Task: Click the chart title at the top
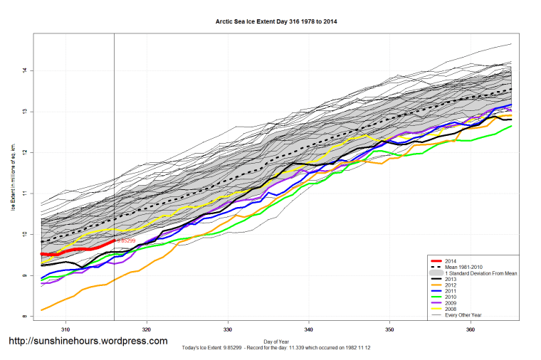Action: click(276, 21)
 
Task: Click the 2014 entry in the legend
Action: click(450, 262)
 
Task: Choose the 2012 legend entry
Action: click(450, 286)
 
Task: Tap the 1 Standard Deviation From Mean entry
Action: click(477, 274)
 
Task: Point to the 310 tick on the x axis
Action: click(65, 329)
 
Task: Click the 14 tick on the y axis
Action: click(24, 70)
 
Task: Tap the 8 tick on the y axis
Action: click(24, 317)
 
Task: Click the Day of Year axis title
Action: click(275, 343)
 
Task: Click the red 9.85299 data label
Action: click(125, 241)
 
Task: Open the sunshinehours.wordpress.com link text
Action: click(88, 341)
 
